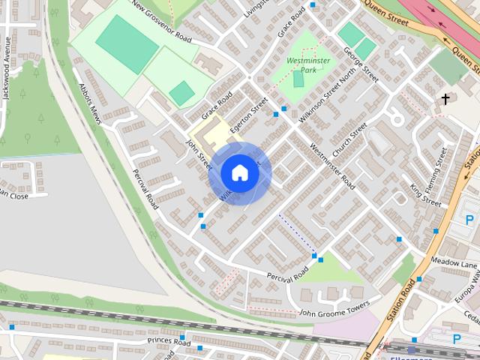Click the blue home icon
pyautogui.click(x=240, y=172)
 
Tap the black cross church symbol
pyautogui.click(x=445, y=98)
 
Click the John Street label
pyautogui.click(x=200, y=150)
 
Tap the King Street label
pyautogui.click(x=426, y=190)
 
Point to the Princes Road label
pyautogui.click(x=170, y=341)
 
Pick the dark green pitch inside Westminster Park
pyautogui.click(x=298, y=78)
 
